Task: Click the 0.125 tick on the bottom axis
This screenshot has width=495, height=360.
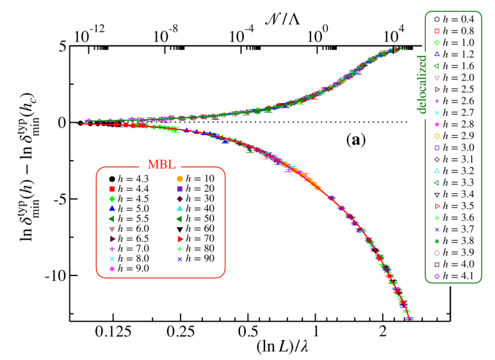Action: pos(113,333)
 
